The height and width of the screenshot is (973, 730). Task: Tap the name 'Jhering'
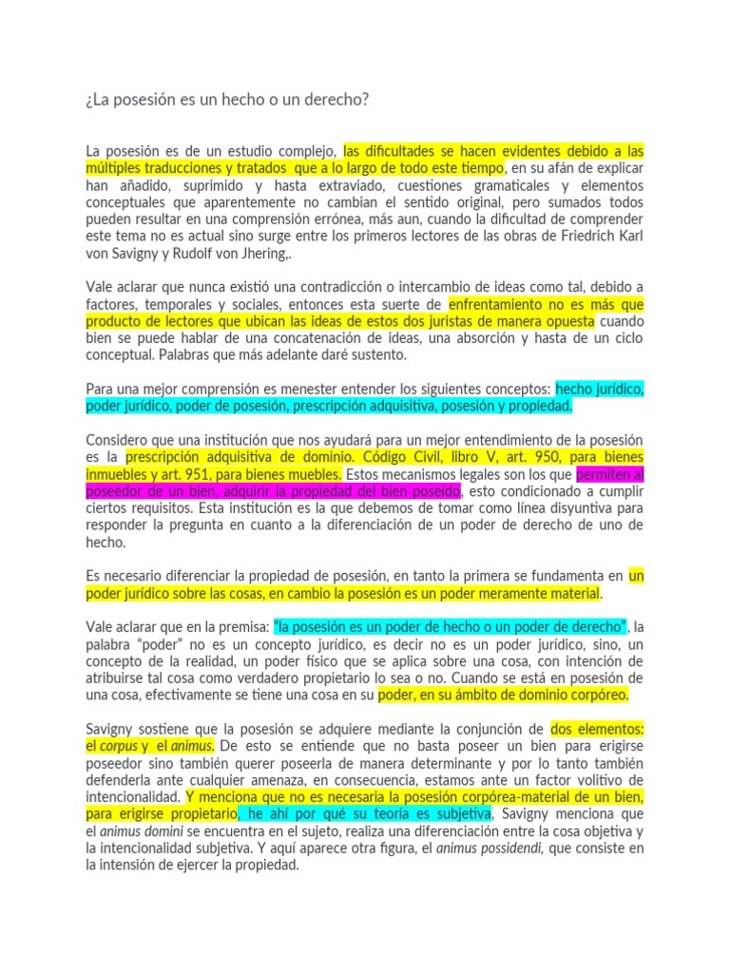(x=272, y=253)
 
